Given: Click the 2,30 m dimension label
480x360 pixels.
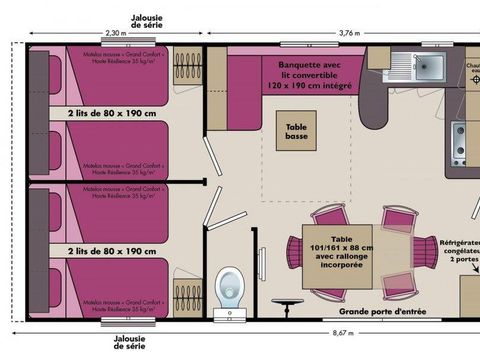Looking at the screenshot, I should (x=116, y=33).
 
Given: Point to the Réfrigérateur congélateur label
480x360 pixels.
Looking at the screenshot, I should (x=460, y=250).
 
